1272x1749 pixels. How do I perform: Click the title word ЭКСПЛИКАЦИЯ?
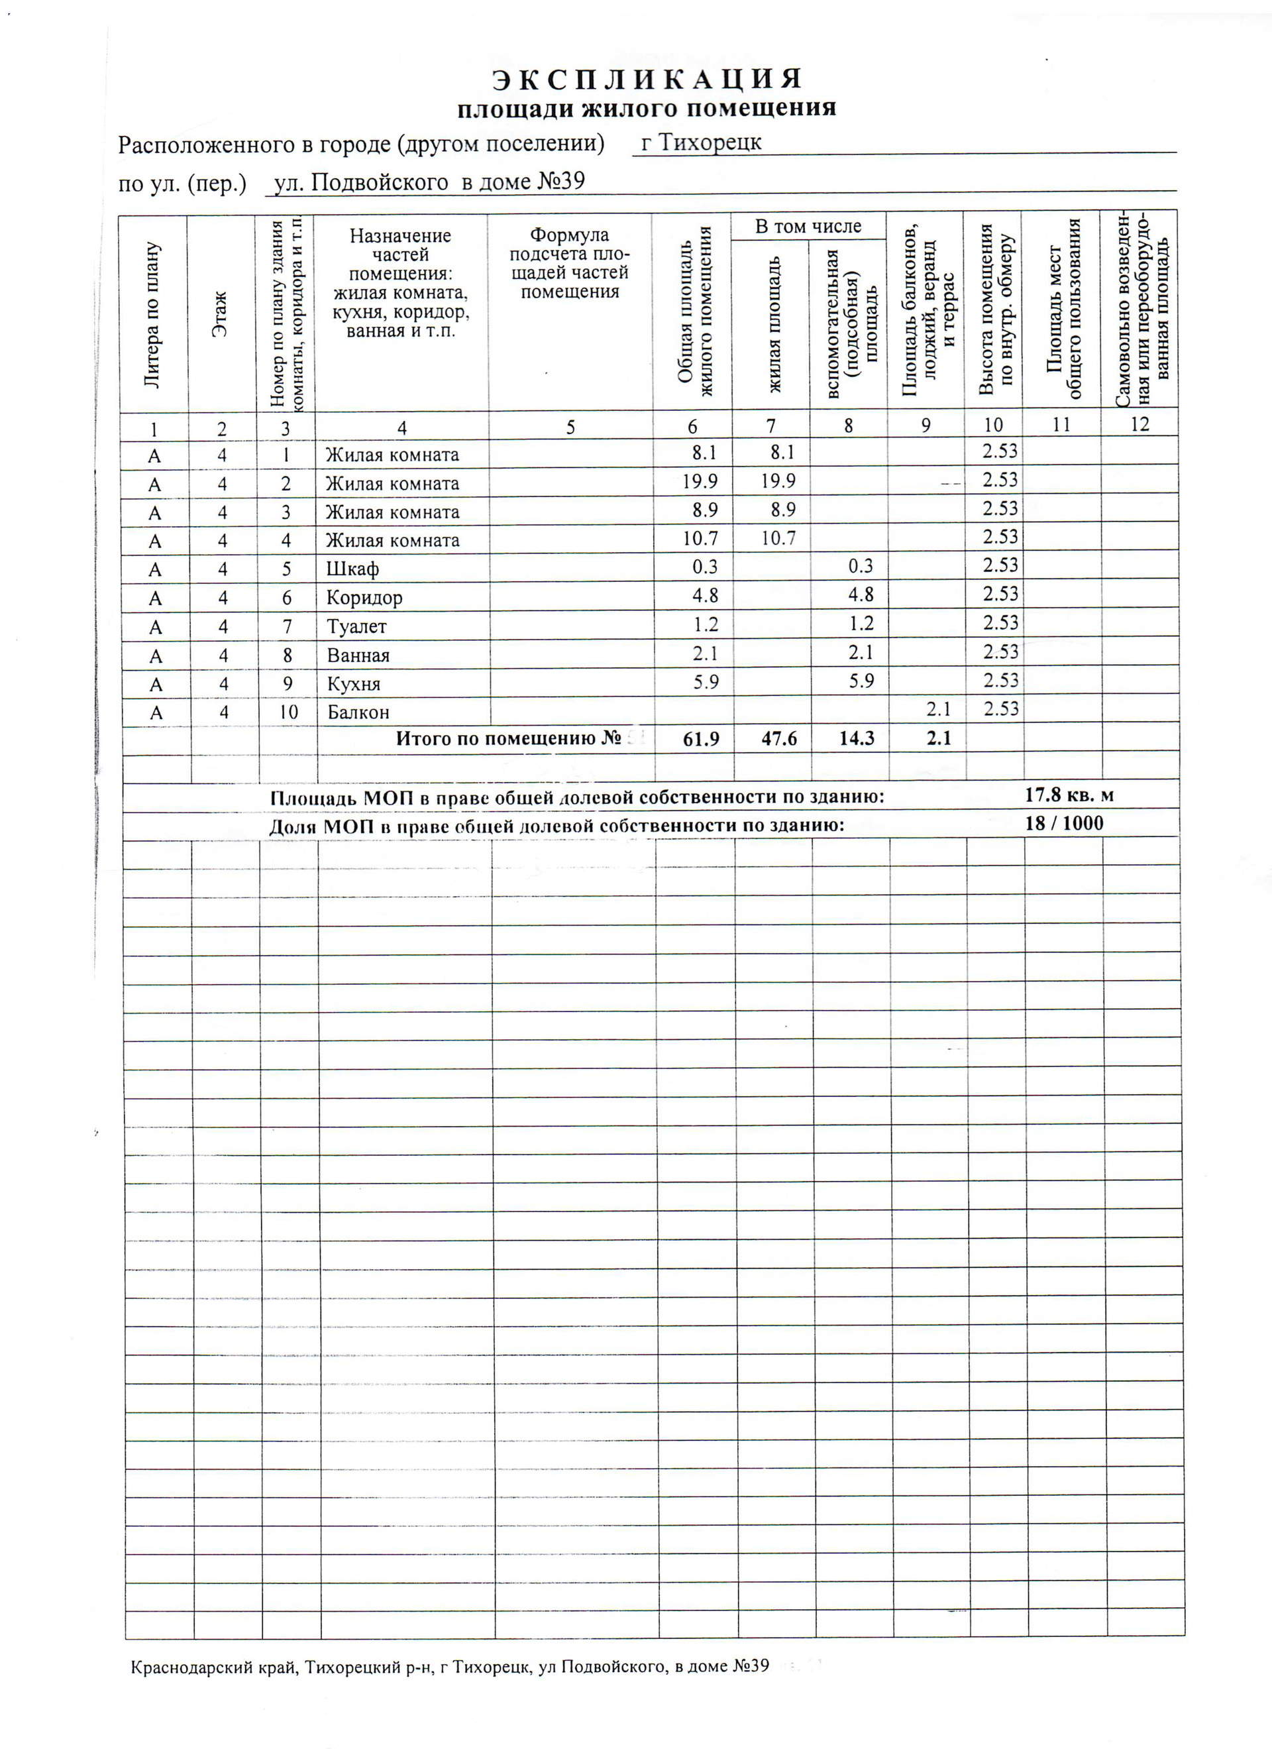pyautogui.click(x=647, y=80)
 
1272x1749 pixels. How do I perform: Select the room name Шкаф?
pyautogui.click(x=352, y=569)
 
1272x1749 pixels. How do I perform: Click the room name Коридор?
pyautogui.click(x=364, y=598)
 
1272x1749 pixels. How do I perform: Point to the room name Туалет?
pyautogui.click(x=356, y=626)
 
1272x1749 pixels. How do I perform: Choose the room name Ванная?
pyautogui.click(x=358, y=655)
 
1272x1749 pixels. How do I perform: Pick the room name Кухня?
pyautogui.click(x=354, y=684)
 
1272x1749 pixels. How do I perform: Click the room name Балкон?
pyautogui.click(x=358, y=712)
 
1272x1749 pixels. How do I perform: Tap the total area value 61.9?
pyautogui.click(x=701, y=739)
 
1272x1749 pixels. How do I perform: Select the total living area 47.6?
pyautogui.click(x=778, y=739)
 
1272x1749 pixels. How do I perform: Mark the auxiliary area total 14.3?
pyautogui.click(x=856, y=739)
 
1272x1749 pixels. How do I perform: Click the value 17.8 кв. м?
pyautogui.click(x=1069, y=795)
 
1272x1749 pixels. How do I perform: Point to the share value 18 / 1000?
pyautogui.click(x=1064, y=824)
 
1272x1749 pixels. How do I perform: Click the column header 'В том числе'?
pyautogui.click(x=808, y=227)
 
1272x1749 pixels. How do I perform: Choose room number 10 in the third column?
pyautogui.click(x=288, y=712)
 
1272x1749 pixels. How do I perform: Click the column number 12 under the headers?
pyautogui.click(x=1139, y=424)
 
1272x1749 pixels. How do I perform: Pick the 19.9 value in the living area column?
pyautogui.click(x=778, y=482)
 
